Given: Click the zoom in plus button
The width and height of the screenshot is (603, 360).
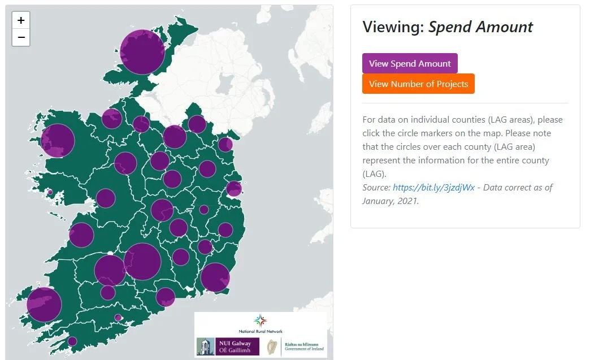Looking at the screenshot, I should click(x=21, y=20).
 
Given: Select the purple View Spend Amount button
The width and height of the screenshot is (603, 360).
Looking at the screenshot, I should click(x=410, y=63).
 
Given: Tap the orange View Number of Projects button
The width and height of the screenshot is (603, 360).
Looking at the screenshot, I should click(x=418, y=84).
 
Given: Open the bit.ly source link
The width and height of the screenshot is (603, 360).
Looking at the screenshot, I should click(x=433, y=187).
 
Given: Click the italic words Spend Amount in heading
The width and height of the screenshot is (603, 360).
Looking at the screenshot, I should click(x=480, y=27).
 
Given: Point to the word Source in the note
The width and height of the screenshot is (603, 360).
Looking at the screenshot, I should click(x=376, y=187).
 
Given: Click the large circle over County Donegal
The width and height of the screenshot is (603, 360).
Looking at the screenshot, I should click(x=142, y=53).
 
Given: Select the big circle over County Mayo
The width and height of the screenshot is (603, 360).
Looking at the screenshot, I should click(x=58, y=140).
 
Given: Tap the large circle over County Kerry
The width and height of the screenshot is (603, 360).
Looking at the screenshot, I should click(x=44, y=305).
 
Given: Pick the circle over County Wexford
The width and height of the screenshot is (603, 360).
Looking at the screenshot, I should click(x=215, y=277).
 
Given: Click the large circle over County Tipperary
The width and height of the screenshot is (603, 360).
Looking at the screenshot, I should click(x=142, y=262).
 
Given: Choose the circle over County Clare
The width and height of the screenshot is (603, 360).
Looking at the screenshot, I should click(x=81, y=235).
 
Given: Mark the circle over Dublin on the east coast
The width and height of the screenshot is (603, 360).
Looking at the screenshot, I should click(x=234, y=189).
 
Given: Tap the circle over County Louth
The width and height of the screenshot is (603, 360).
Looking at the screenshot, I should click(x=225, y=144).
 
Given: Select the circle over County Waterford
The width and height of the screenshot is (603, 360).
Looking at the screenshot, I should click(x=165, y=297).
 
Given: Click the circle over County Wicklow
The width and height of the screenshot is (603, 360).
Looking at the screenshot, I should click(x=225, y=230).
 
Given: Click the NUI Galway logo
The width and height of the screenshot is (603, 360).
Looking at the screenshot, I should click(x=228, y=346).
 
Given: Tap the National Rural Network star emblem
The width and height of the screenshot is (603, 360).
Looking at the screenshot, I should click(x=260, y=320).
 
